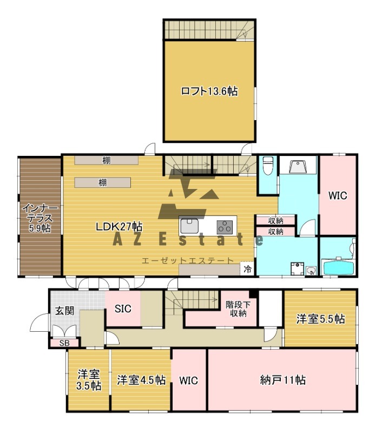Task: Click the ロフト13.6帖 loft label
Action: click(x=209, y=92)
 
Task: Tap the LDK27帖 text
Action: click(x=119, y=227)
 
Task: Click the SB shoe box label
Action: click(x=64, y=343)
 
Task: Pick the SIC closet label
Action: click(x=123, y=309)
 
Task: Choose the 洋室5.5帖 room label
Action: click(x=320, y=319)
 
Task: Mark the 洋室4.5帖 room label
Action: click(x=141, y=380)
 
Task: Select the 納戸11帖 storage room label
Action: click(x=282, y=379)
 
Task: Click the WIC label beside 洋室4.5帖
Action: click(x=189, y=380)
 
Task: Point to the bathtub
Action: click(x=337, y=267)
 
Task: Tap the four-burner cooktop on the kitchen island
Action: click(x=225, y=226)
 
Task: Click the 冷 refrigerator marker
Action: click(x=247, y=269)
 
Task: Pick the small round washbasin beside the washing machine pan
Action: click(x=311, y=271)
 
